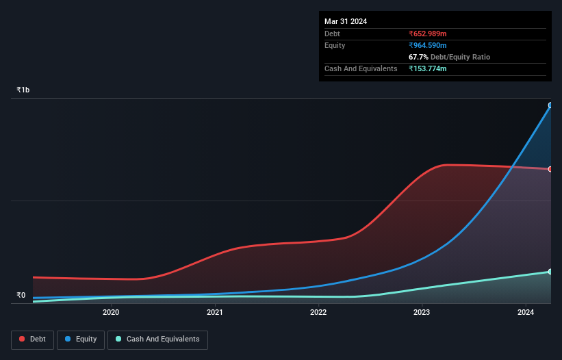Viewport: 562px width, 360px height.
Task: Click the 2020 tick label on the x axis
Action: click(x=111, y=313)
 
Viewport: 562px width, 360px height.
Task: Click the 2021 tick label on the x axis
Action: click(x=214, y=313)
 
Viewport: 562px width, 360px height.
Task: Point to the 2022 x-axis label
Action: click(x=318, y=313)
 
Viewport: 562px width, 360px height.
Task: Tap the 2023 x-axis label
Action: click(x=422, y=313)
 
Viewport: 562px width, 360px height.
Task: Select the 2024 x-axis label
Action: click(x=526, y=313)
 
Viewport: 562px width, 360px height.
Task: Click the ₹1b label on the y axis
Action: click(x=23, y=90)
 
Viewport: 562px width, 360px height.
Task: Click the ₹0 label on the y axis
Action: click(x=21, y=296)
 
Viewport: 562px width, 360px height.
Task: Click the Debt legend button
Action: click(x=33, y=339)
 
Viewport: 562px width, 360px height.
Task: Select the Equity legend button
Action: click(x=81, y=339)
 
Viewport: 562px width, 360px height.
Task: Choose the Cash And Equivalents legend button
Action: click(x=157, y=339)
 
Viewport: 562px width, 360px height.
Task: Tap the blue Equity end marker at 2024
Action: click(x=550, y=105)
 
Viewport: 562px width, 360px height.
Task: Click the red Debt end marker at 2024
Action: click(x=550, y=169)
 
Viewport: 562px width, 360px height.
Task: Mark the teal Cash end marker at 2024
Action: click(x=550, y=272)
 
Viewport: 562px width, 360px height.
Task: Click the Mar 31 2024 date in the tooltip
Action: click(x=346, y=21)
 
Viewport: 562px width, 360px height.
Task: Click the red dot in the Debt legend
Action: click(x=23, y=339)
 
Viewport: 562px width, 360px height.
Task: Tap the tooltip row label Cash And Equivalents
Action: click(x=361, y=68)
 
